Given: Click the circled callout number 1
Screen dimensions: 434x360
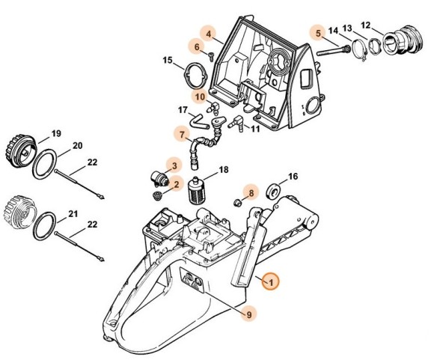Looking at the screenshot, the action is pos(271,282).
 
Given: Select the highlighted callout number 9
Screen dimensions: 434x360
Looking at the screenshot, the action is pos(249,314).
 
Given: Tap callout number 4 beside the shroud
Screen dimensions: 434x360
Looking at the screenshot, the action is pos(209,34).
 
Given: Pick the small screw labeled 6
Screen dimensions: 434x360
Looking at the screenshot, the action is pos(212,56).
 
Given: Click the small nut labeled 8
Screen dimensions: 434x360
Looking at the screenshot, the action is pos(237,203).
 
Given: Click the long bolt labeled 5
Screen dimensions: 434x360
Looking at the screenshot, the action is pos(334,50).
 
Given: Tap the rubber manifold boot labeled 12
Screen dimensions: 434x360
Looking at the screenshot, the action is pos(403,39).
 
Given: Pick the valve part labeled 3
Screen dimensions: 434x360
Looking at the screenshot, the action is pos(159,178).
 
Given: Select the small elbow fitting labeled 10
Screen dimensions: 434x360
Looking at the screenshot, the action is pos(214,107).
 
